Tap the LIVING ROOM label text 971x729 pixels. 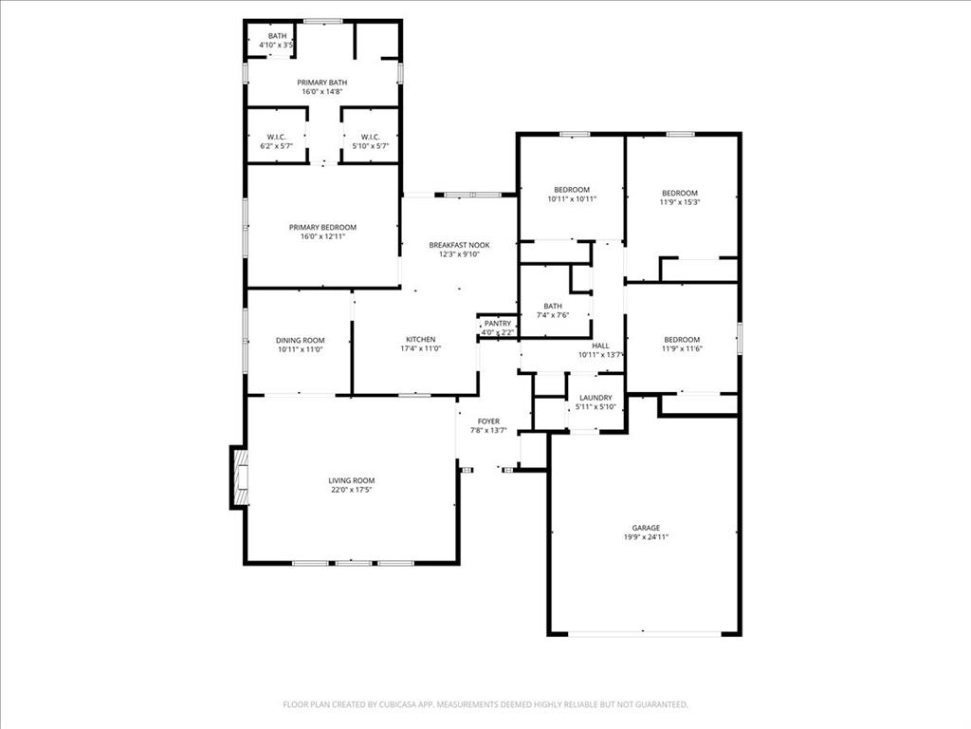pos(352,480)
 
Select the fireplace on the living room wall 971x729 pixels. pos(240,477)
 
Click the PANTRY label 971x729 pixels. pos(498,324)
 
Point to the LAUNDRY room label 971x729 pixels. pos(595,398)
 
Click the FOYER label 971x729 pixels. pos(488,421)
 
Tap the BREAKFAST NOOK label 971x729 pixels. pos(459,245)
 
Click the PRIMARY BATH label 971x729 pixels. pos(321,83)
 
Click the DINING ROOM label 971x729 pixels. pos(300,340)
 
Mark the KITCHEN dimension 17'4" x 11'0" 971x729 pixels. pos(420,348)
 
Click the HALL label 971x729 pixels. pos(600,346)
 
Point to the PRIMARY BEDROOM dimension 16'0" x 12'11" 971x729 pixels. pos(322,236)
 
